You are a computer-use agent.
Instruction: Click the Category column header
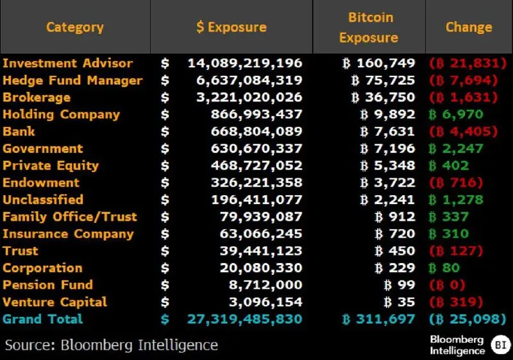[x=74, y=27]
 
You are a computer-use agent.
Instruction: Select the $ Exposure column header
[x=231, y=27]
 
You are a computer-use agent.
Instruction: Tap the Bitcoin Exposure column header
[x=369, y=27]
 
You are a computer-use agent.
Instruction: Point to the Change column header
[x=469, y=27]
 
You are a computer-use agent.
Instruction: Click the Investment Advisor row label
[x=68, y=63]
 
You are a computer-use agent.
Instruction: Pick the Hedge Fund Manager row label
[x=72, y=80]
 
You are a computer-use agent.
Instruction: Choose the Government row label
[x=43, y=148]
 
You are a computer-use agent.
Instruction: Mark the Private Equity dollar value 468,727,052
[x=256, y=166]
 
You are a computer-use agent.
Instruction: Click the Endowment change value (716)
[x=455, y=183]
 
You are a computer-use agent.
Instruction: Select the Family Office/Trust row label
[x=70, y=217]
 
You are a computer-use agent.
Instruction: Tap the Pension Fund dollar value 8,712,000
[x=266, y=285]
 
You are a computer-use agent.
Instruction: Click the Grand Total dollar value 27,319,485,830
[x=244, y=319]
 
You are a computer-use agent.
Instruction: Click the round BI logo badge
[x=499, y=345]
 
